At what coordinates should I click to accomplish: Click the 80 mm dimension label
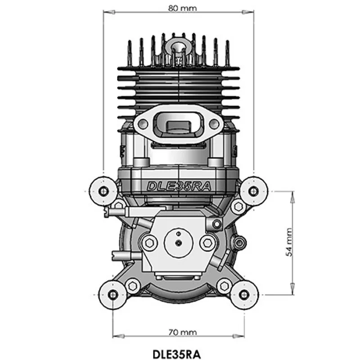(183, 8)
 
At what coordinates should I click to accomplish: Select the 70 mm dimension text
(183, 332)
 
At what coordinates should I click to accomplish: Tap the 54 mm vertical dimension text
(289, 242)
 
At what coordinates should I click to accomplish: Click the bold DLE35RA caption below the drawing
(176, 354)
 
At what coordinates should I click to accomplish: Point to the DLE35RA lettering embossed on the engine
(179, 186)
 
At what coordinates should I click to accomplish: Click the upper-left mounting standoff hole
(103, 191)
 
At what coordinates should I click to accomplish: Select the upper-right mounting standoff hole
(253, 191)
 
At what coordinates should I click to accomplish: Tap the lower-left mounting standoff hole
(113, 295)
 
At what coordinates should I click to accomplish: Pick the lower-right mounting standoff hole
(244, 295)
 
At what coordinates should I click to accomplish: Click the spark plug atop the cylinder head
(178, 52)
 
